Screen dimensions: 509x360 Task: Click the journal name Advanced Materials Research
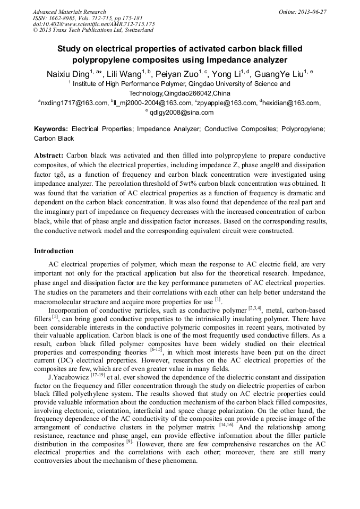pos(69,12)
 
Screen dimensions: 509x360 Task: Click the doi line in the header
pos(93,24)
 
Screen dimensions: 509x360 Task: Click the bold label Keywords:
pos(51,129)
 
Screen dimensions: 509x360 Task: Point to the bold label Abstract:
pos(49,156)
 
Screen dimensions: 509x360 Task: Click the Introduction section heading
pos(54,251)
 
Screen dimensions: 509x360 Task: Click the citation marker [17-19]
pos(97,375)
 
